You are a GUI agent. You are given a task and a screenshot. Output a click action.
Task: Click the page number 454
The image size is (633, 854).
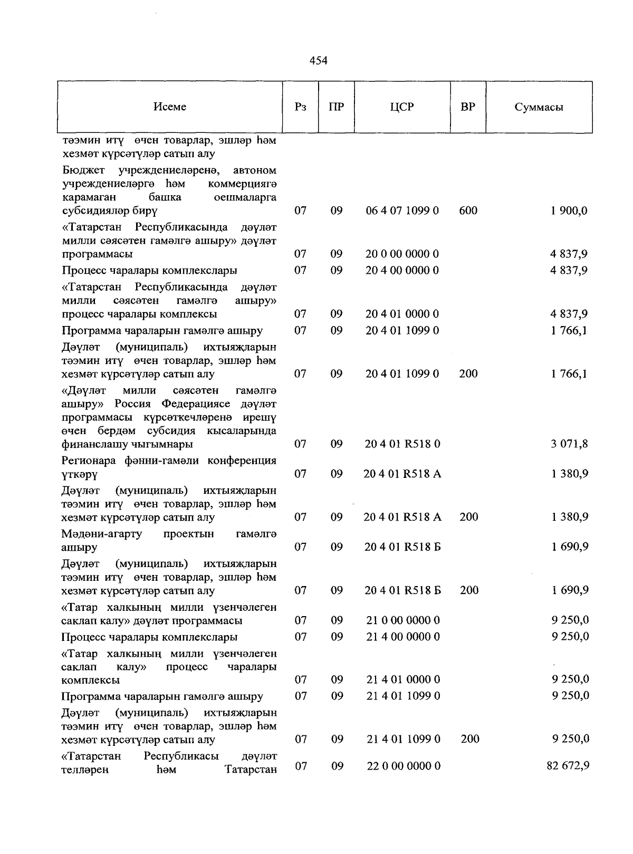click(x=318, y=61)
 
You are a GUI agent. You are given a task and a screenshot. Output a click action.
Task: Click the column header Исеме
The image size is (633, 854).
click(x=170, y=107)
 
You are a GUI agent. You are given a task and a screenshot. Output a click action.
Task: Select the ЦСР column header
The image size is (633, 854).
click(x=402, y=107)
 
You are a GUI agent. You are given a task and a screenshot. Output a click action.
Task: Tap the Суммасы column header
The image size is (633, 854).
click(x=539, y=108)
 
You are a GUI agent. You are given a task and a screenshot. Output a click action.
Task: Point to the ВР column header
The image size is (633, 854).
click(x=467, y=107)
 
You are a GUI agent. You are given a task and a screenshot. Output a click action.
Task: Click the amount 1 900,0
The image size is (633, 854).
click(x=569, y=211)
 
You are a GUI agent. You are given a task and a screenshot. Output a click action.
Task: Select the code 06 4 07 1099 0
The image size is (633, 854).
click(x=402, y=211)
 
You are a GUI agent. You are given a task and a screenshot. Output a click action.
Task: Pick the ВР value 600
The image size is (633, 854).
click(x=468, y=211)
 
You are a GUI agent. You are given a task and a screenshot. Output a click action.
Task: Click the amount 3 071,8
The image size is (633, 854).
click(x=569, y=444)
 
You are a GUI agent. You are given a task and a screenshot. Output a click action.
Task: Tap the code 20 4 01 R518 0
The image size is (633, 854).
click(x=402, y=444)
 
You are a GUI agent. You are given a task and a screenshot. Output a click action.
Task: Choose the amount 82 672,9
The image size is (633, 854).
click(x=568, y=765)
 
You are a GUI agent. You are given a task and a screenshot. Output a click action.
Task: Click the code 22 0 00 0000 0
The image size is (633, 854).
click(x=404, y=765)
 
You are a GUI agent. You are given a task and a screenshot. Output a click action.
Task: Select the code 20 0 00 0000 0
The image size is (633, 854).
click(x=402, y=254)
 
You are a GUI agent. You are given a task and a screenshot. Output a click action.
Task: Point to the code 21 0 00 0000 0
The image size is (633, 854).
click(x=404, y=620)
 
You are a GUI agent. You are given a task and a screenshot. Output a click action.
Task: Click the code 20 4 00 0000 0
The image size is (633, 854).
click(x=402, y=271)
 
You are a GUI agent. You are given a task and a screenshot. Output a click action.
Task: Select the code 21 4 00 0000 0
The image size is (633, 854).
click(x=404, y=637)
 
